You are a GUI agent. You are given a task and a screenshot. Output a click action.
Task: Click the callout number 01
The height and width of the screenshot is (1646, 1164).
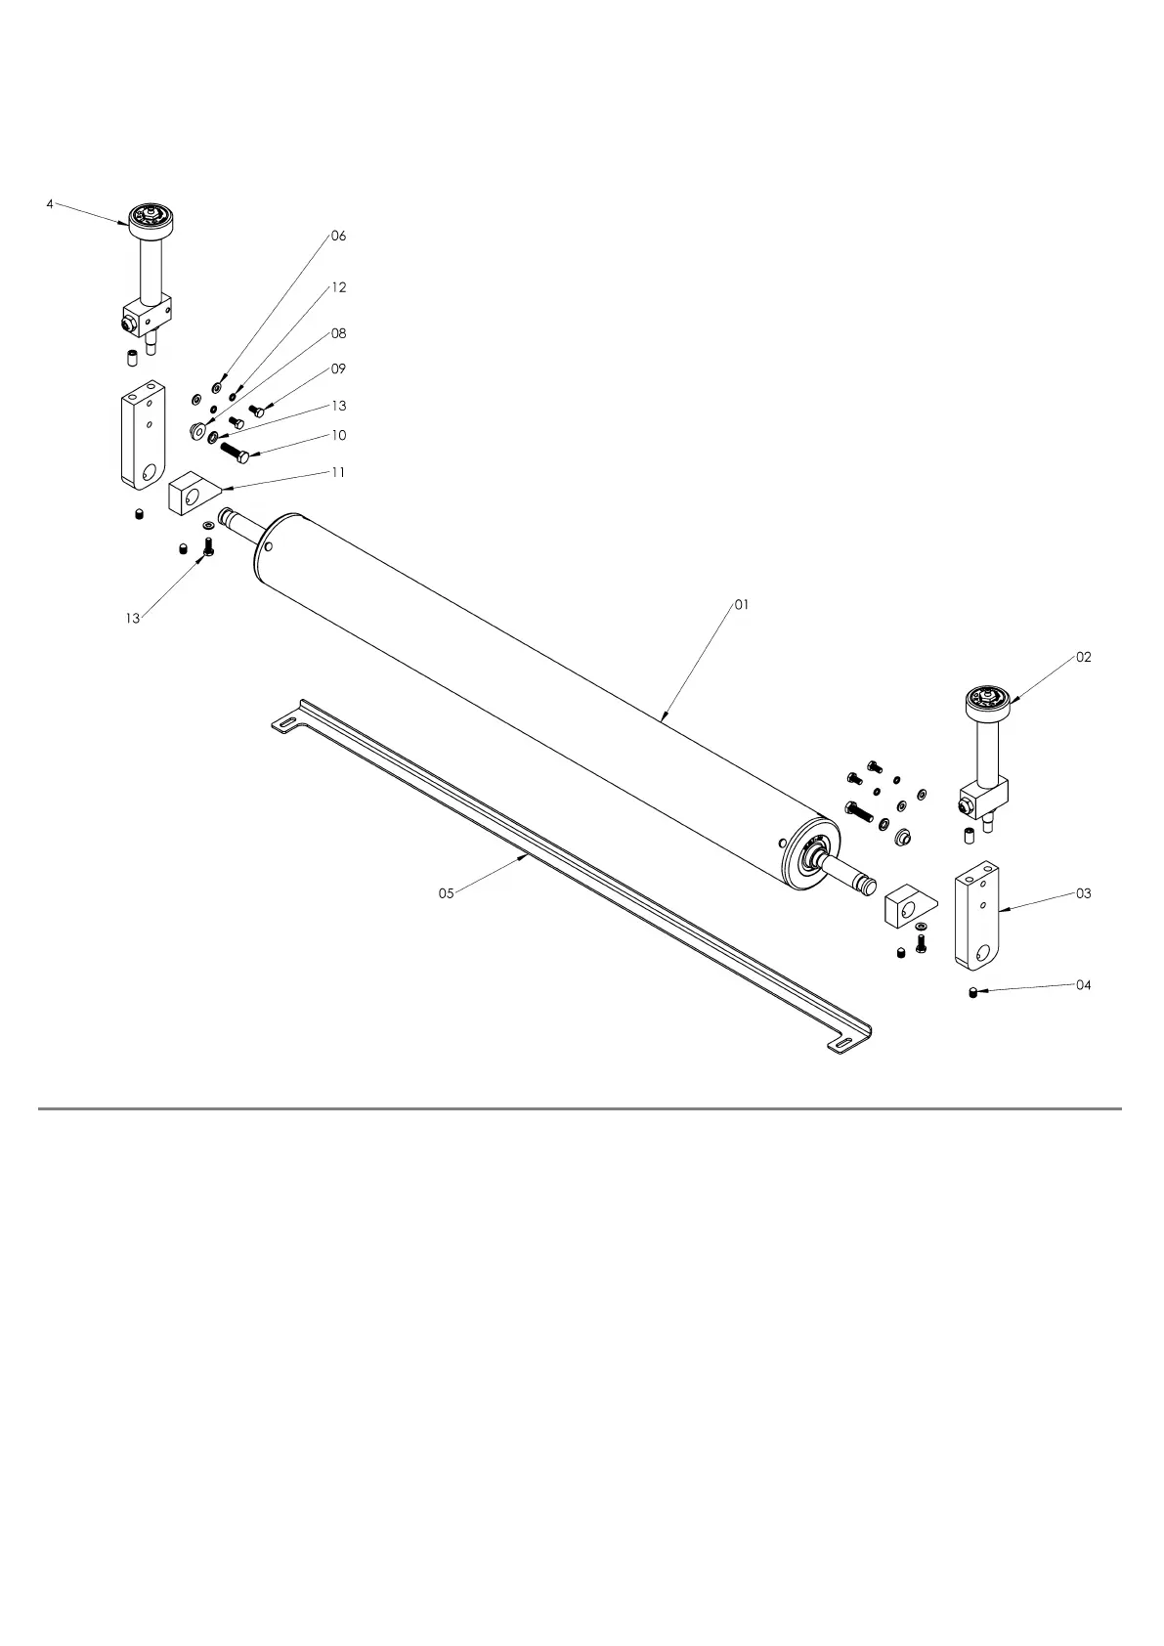[742, 605]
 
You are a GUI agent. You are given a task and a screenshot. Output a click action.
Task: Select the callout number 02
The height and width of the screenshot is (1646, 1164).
[1084, 658]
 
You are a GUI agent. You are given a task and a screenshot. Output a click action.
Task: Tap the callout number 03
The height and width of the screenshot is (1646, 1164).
[1084, 893]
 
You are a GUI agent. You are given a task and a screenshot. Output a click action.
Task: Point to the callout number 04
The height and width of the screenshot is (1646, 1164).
[1084, 985]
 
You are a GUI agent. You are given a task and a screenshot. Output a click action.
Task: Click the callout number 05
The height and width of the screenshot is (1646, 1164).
[446, 893]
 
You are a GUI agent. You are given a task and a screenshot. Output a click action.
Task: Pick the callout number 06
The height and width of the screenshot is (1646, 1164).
[338, 237]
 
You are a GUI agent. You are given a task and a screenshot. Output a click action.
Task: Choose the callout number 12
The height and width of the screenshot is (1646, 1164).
[338, 288]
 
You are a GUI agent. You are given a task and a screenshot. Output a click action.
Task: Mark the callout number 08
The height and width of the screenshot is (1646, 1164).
[338, 334]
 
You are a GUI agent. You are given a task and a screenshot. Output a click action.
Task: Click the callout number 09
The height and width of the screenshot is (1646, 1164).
[338, 369]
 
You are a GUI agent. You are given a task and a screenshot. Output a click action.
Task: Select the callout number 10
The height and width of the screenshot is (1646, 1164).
[338, 436]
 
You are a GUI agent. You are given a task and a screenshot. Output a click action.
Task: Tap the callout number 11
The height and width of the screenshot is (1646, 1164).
[338, 472]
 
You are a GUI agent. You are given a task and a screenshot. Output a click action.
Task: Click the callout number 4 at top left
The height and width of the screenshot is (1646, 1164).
[50, 204]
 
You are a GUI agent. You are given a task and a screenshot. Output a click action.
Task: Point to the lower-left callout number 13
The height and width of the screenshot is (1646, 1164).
[133, 618]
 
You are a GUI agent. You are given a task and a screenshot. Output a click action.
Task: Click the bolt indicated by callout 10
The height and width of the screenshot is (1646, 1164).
[235, 453]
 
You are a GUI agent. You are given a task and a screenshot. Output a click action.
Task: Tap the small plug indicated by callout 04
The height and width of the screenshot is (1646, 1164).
[974, 993]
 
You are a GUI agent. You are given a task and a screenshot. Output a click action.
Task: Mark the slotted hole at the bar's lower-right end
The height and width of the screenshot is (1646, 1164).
[841, 1048]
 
